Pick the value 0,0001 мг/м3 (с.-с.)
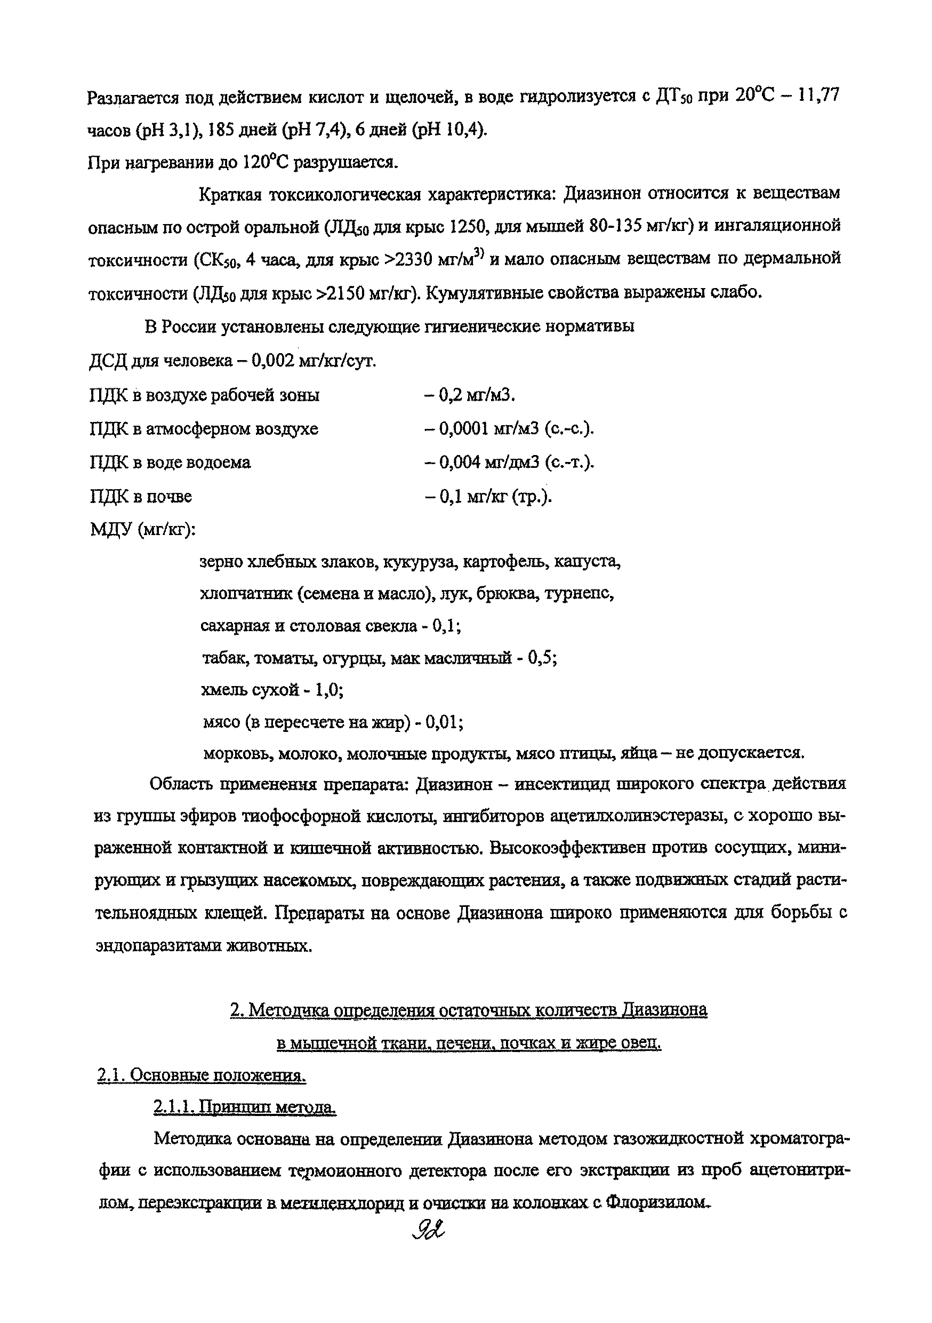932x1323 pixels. click(516, 429)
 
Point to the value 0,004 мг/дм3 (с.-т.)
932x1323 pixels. click(516, 462)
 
